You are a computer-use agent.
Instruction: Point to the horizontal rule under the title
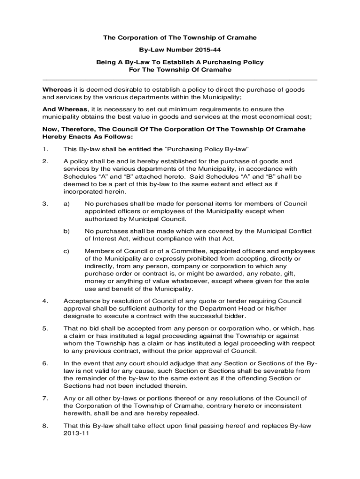pos(180,79)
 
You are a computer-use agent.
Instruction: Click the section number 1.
pos(45,149)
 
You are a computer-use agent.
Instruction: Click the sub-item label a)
pos(66,203)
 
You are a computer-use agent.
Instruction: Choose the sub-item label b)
pos(66,231)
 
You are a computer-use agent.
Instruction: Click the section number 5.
pos(45,328)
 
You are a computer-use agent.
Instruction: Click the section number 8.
pos(45,426)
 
